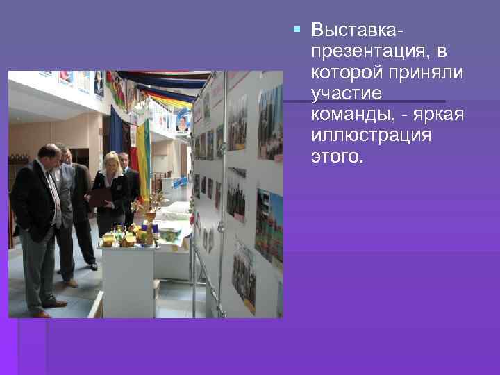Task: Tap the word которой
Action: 346,72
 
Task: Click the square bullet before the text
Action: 298,31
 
